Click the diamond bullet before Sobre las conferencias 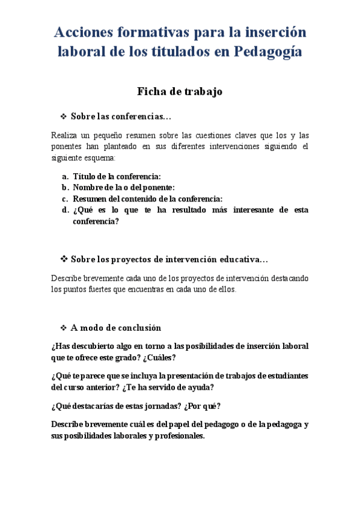pyautogui.click(x=63, y=115)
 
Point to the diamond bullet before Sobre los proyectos pyautogui.click(x=63, y=259)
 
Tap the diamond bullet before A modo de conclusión pyautogui.click(x=63, y=328)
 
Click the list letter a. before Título pyautogui.click(x=64, y=177)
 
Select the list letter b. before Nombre pyautogui.click(x=64, y=188)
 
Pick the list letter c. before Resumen pyautogui.click(x=64, y=198)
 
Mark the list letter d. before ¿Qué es pyautogui.click(x=64, y=210)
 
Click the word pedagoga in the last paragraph pyautogui.click(x=281, y=424)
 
